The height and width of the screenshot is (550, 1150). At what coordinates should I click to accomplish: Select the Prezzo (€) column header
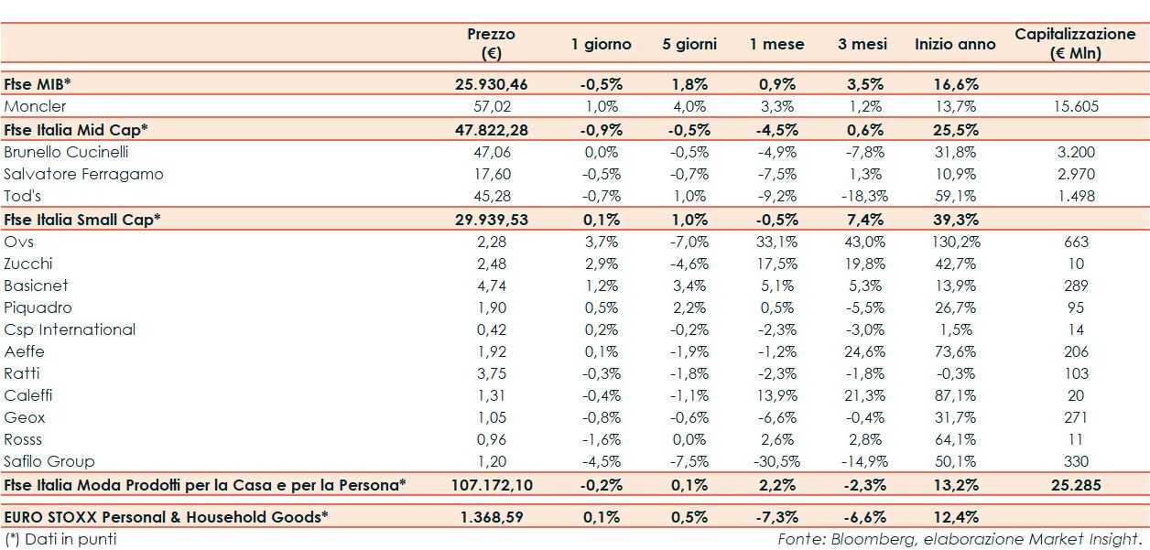pos(491,43)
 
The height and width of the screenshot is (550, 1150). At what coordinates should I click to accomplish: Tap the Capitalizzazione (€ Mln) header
pos(1075,43)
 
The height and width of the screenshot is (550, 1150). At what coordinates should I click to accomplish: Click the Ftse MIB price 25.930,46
pos(491,84)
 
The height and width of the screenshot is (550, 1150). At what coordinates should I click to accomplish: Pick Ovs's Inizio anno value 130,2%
pos(955,242)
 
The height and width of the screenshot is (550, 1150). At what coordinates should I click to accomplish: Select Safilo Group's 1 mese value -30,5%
pos(781,461)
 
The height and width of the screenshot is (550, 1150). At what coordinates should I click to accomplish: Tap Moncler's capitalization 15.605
pos(1076,106)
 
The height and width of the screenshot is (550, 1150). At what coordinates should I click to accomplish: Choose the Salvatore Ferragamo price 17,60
pos(491,174)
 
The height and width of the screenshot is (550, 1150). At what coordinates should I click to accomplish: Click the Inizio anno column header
pos(955,44)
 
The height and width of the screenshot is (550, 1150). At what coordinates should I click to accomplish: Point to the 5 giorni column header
pos(689,44)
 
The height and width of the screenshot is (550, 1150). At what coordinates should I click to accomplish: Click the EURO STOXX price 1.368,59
pos(491,516)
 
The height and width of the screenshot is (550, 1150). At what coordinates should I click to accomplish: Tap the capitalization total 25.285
pos(1076,484)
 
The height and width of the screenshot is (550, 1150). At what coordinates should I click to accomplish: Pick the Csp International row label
pos(70,329)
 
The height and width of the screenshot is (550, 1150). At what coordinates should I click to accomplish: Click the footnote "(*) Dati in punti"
pos(60,539)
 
